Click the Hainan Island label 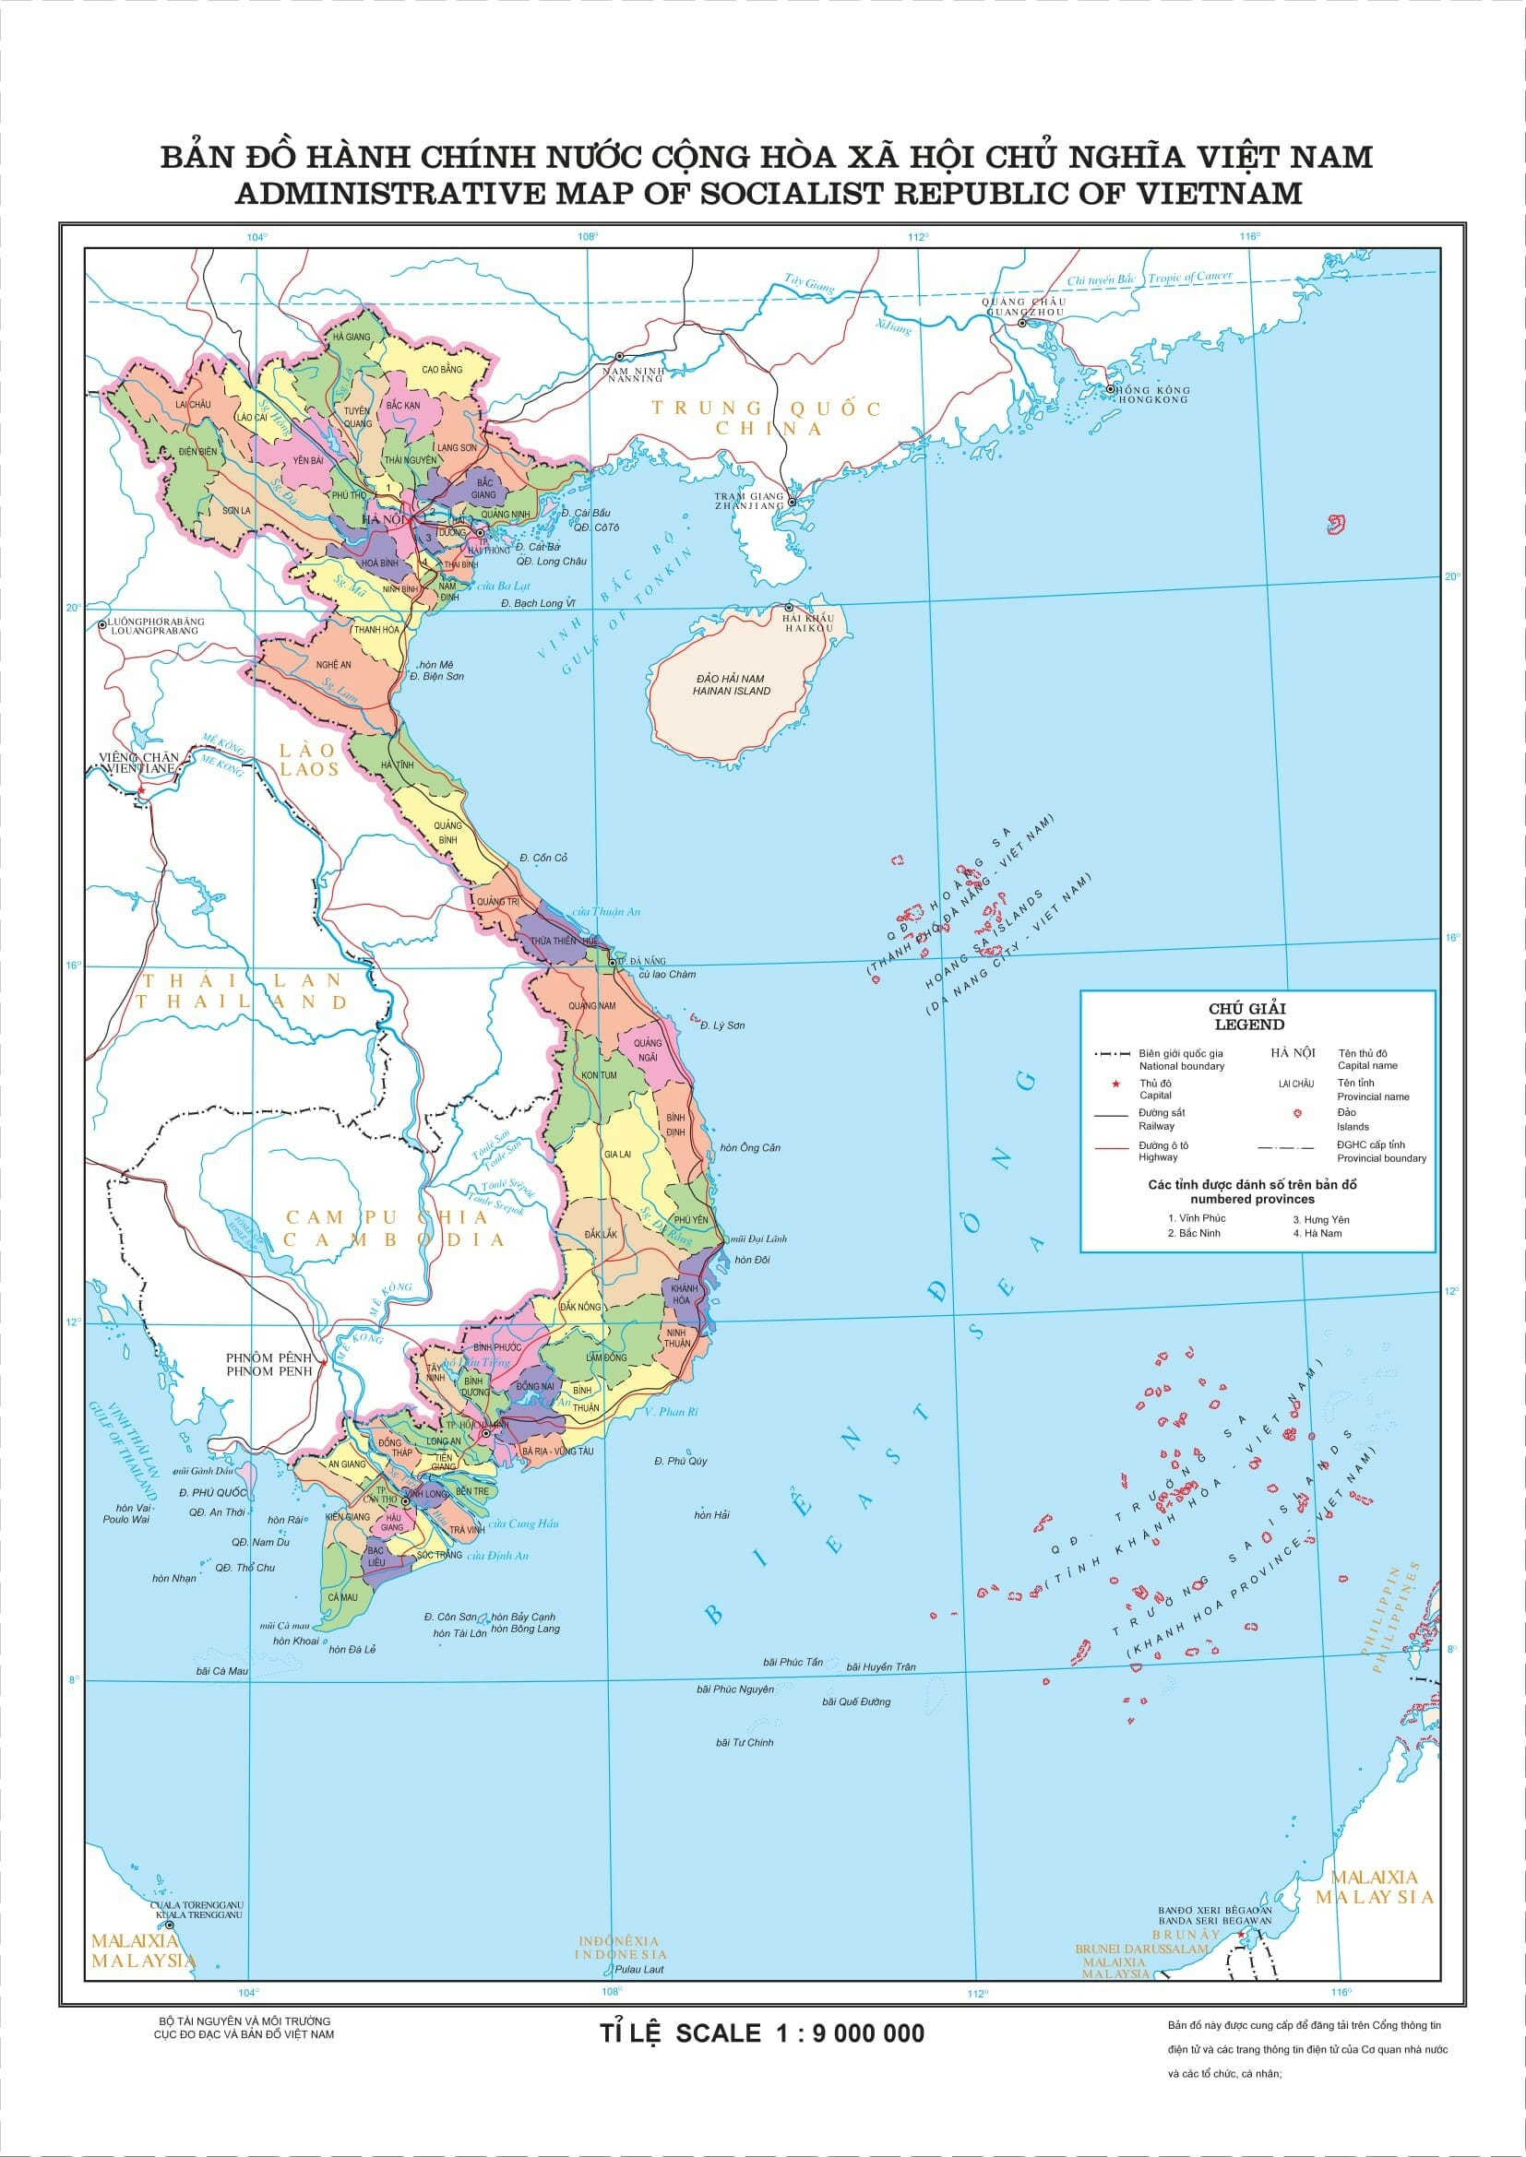(731, 685)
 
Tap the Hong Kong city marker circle (1110, 388)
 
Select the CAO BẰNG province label (442, 369)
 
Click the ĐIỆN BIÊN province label (197, 452)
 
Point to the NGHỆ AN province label (334, 664)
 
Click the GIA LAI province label (616, 1154)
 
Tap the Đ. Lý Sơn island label (722, 1025)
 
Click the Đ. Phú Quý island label (680, 1461)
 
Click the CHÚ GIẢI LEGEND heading (1248, 1016)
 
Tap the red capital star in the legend (1115, 1085)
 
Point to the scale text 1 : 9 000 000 (851, 2034)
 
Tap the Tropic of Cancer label (1189, 278)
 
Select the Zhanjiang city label (748, 505)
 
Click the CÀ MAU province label (342, 1597)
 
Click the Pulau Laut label (639, 1968)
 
